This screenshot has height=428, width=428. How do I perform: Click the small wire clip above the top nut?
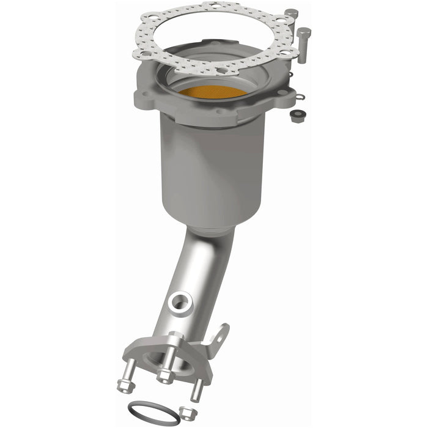[x=299, y=95]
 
